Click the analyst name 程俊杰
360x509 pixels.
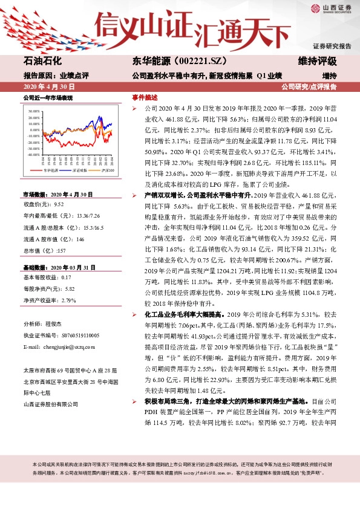click(54, 324)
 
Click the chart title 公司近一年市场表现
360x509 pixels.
click(47, 97)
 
